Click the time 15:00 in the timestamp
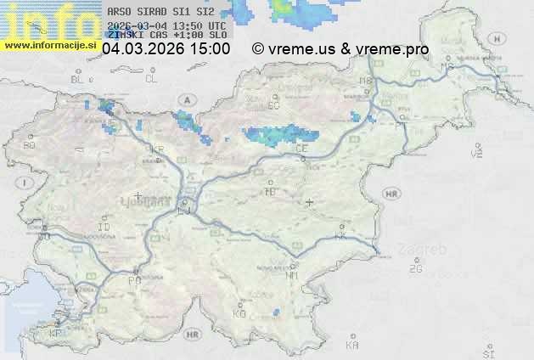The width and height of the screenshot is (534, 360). pos(210,49)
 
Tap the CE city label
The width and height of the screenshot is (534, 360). pos(301,148)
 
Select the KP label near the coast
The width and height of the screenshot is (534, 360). pos(56,334)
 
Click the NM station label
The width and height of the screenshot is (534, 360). pos(293,275)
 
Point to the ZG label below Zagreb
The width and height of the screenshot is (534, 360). pos(415,269)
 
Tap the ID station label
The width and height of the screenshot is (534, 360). pos(104,228)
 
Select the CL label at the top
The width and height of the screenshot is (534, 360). pos(151,79)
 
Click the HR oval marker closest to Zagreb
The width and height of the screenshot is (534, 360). pos(391,194)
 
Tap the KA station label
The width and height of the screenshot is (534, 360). pos(352,345)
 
